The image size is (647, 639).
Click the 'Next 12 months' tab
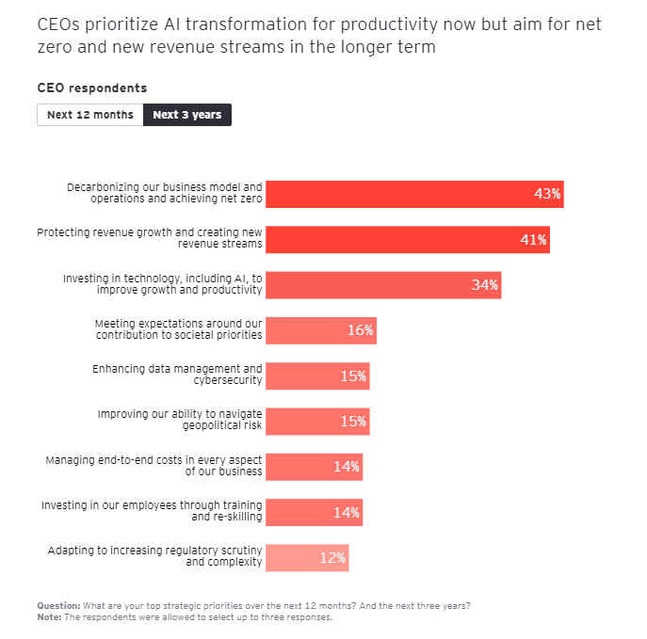90,115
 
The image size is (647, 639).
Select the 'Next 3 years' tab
187,115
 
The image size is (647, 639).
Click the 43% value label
546,194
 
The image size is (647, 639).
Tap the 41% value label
533,240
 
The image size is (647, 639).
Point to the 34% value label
485,285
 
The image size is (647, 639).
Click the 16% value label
360,330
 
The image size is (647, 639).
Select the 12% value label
332,558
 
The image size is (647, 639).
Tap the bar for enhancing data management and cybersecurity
301,375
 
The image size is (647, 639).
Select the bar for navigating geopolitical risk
301,422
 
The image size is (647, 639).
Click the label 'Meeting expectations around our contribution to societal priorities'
178,329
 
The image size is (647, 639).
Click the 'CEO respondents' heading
92,88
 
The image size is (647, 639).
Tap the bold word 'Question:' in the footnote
58,605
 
